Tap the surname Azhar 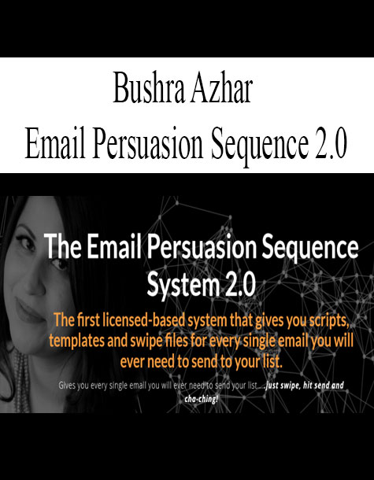click(220, 90)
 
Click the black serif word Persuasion click(148, 143)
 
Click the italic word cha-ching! click(202, 399)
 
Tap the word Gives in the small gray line click(65, 386)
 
